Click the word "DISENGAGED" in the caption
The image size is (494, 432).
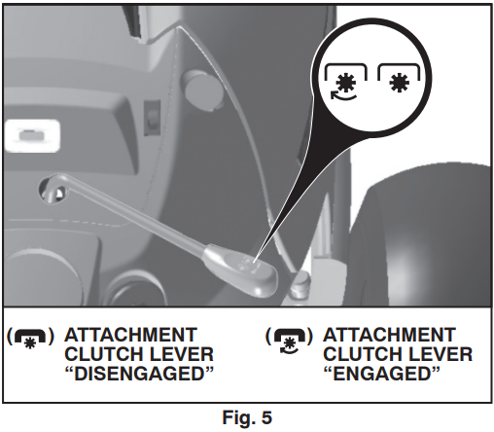point(139,374)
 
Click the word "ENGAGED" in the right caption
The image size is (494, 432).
point(382,374)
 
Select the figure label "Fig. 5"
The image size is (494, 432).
point(247,417)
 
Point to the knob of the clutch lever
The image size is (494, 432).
point(246,269)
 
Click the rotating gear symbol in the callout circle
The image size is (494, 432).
point(345,82)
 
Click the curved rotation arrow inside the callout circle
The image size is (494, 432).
point(343,96)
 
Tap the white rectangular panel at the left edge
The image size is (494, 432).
point(32,135)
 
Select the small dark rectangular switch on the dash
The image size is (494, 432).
point(152,118)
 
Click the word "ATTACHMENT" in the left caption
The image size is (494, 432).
point(130,335)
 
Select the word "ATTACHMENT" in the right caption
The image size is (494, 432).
point(389,335)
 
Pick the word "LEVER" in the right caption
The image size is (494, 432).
point(441,354)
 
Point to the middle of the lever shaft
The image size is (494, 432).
point(136,216)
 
